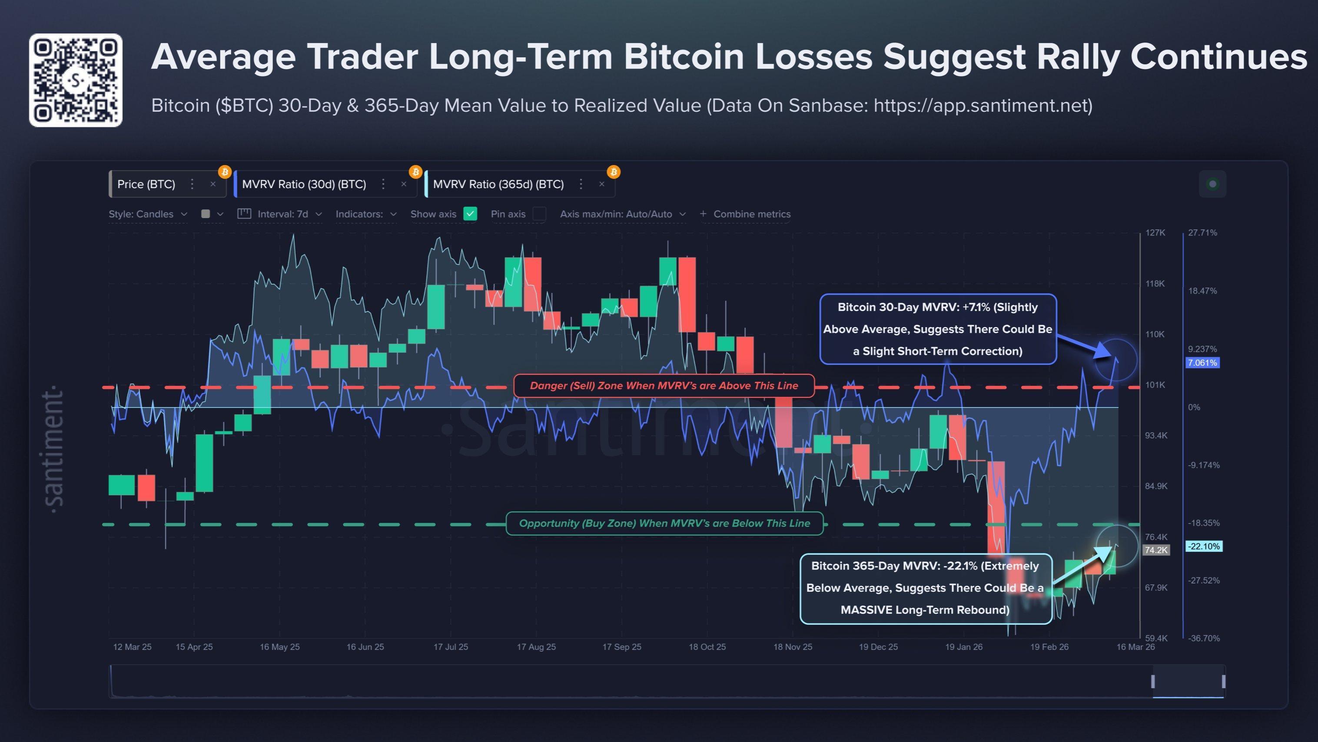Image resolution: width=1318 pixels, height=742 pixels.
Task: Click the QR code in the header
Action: coord(76,80)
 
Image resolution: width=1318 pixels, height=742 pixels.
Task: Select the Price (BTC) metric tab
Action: coord(146,184)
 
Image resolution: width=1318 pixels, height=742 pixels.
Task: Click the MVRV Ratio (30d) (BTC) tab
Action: coord(304,184)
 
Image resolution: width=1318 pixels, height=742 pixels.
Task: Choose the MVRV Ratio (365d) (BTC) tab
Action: coord(498,184)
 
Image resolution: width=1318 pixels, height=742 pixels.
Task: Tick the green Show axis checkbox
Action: coord(470,214)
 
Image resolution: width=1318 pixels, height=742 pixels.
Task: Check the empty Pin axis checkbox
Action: coord(539,214)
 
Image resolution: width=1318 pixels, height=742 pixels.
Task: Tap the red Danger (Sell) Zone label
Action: coord(664,386)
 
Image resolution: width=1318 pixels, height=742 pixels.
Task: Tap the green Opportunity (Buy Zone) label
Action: coord(664,523)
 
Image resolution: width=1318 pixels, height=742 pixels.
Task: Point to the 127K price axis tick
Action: coord(1155,233)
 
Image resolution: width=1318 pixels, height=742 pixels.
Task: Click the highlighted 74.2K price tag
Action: coord(1156,550)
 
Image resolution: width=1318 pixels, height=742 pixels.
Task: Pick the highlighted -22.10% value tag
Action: coord(1203,546)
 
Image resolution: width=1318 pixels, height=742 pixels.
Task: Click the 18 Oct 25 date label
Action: coord(707,647)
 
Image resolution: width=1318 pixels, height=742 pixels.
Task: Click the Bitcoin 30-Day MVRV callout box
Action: coord(937,329)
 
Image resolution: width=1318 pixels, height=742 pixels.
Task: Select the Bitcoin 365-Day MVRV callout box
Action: coord(925,588)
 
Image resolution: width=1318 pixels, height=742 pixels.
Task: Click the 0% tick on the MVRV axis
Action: coord(1194,407)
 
